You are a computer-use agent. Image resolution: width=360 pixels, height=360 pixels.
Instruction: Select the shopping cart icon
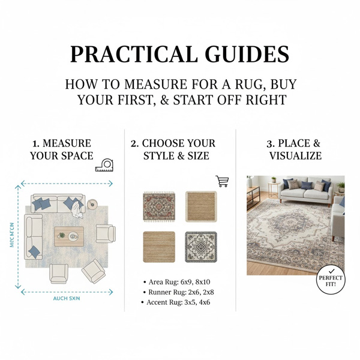tap(223, 181)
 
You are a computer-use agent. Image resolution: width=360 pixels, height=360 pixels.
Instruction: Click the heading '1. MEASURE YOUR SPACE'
tap(62, 149)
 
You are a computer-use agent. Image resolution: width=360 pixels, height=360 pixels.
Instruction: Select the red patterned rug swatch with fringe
tap(158, 205)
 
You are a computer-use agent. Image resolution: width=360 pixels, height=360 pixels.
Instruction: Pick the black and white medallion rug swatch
tap(200, 247)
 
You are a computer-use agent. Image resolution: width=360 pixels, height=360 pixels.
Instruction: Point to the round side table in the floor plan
tap(92, 205)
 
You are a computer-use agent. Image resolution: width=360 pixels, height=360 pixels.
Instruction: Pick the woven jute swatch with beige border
tap(201, 205)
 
